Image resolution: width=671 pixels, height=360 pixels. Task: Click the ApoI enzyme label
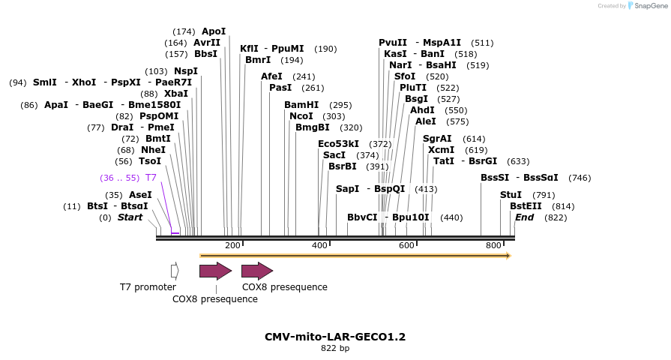coord(214,31)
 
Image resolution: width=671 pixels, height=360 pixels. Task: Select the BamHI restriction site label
coord(301,105)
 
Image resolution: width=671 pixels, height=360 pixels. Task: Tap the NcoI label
coord(301,116)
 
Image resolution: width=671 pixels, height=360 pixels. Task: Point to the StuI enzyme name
coord(511,195)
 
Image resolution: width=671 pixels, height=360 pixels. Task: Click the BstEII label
coord(526,206)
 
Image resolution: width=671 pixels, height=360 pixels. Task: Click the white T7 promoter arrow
coord(175,271)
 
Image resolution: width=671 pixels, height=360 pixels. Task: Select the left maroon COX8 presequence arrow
coord(216,271)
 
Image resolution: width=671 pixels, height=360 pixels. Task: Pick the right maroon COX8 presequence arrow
coord(257,271)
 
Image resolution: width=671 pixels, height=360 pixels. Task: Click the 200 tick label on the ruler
coord(232,245)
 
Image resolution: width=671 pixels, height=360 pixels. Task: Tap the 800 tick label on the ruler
coord(493,245)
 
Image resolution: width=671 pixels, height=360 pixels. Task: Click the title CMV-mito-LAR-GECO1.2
coord(335,337)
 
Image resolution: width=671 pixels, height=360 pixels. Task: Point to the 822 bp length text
coord(335,348)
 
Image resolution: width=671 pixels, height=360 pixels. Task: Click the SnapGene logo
coord(648,5)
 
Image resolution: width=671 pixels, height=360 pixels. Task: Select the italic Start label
coord(130,217)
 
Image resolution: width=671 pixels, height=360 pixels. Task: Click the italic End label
coord(524,217)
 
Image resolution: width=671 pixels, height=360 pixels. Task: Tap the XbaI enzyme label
coord(176,94)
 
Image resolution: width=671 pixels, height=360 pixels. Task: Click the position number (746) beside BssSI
coord(580,178)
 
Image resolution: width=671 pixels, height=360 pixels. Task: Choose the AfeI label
coord(271,76)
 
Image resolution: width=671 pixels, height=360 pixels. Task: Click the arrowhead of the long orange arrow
coord(509,256)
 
